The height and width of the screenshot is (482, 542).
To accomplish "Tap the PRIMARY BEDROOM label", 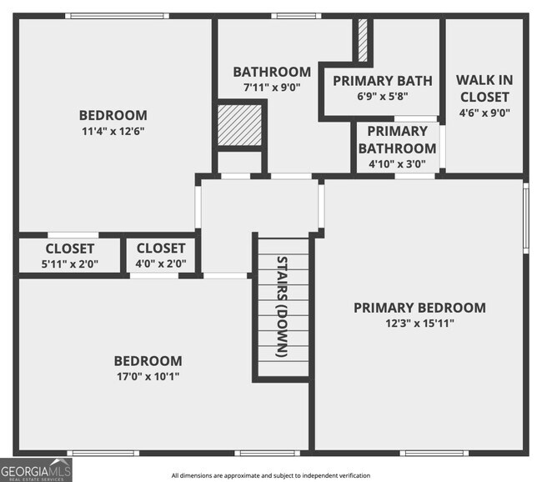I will (419, 307).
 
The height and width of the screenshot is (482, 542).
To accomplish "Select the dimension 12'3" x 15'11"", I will (419, 323).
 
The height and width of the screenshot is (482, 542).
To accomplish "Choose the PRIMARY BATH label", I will (383, 81).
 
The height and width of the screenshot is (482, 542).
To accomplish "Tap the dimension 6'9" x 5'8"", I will (383, 95).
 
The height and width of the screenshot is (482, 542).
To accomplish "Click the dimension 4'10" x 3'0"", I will (397, 164).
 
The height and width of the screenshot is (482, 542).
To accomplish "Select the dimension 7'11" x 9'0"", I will (272, 87).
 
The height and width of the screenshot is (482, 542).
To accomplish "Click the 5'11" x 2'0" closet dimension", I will (70, 264).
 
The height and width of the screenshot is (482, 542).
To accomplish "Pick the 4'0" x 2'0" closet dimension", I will (161, 264).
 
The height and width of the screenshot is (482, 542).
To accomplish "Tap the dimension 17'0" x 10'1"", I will (148, 376).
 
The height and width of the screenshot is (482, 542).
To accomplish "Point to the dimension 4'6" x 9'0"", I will (484, 113).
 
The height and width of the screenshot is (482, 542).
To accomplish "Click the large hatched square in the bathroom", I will (240, 124).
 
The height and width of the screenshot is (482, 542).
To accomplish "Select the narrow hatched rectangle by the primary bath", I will (363, 38).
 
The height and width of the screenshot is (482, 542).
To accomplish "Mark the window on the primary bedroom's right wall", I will (525, 216).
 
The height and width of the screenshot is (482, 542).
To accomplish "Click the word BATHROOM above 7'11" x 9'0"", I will (272, 72).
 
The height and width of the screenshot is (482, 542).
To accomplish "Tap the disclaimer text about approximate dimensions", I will (271, 475).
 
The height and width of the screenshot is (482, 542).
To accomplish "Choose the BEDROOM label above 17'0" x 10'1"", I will (148, 360).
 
